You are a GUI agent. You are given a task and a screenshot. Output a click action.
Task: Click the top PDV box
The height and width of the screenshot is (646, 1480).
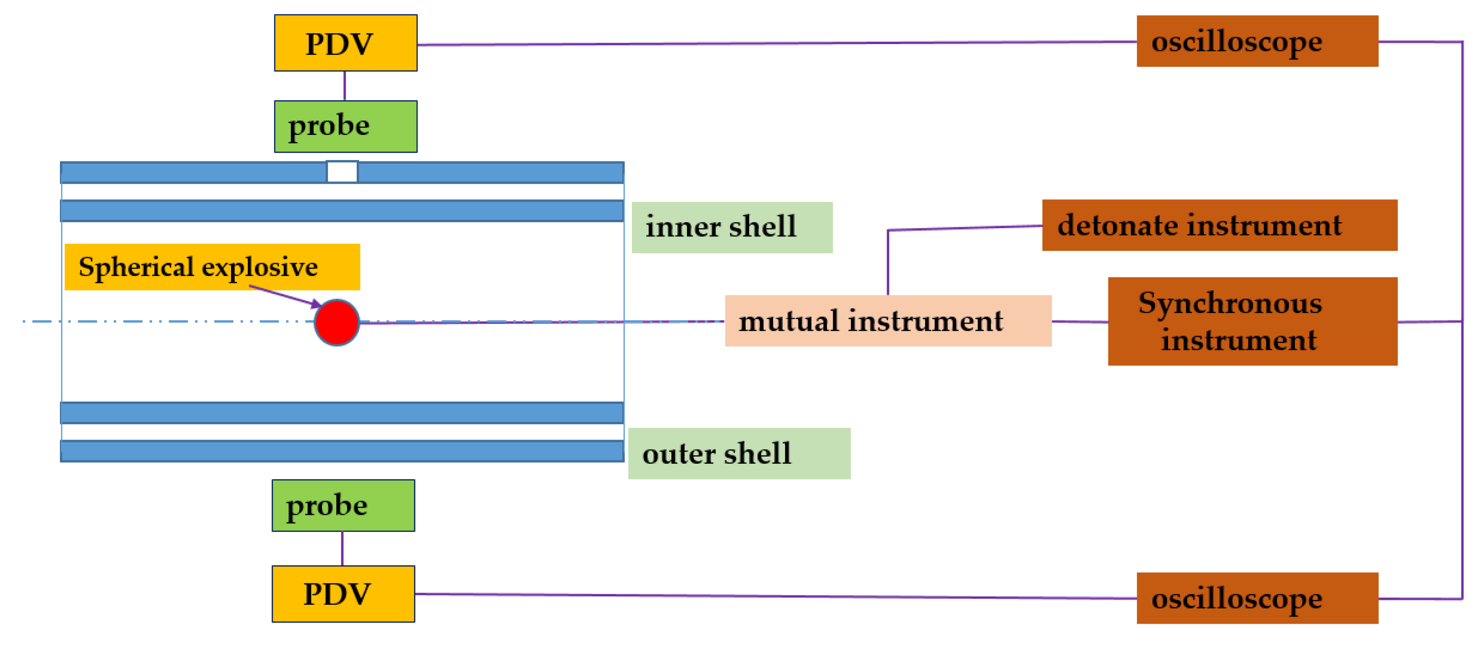click(345, 43)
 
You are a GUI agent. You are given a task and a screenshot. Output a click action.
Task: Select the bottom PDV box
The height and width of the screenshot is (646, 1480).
click(343, 594)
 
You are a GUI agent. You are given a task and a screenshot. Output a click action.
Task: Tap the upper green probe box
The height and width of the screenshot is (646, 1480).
click(345, 126)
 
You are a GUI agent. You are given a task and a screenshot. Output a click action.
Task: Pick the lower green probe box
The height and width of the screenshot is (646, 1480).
click(343, 505)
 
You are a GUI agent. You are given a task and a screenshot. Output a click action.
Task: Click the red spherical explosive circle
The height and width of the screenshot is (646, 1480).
click(337, 322)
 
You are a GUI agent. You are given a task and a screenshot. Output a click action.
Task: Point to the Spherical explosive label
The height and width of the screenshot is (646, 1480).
click(212, 267)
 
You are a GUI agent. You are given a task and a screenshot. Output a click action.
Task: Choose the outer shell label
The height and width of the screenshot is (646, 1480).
click(739, 454)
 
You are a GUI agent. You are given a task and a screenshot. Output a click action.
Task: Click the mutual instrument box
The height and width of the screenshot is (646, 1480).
click(888, 321)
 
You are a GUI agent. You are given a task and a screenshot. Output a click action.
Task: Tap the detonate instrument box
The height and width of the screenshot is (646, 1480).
click(1219, 225)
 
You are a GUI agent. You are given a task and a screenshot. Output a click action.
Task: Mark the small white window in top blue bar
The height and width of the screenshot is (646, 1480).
click(342, 172)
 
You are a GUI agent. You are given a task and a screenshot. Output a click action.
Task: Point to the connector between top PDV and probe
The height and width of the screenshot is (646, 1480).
click(345, 86)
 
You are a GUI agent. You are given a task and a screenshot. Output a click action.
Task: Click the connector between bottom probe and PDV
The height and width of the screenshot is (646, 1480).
click(342, 549)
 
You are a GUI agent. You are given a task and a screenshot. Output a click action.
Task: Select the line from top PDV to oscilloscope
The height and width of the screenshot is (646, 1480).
click(776, 43)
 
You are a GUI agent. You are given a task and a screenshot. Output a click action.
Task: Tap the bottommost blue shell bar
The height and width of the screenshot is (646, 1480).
click(342, 451)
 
